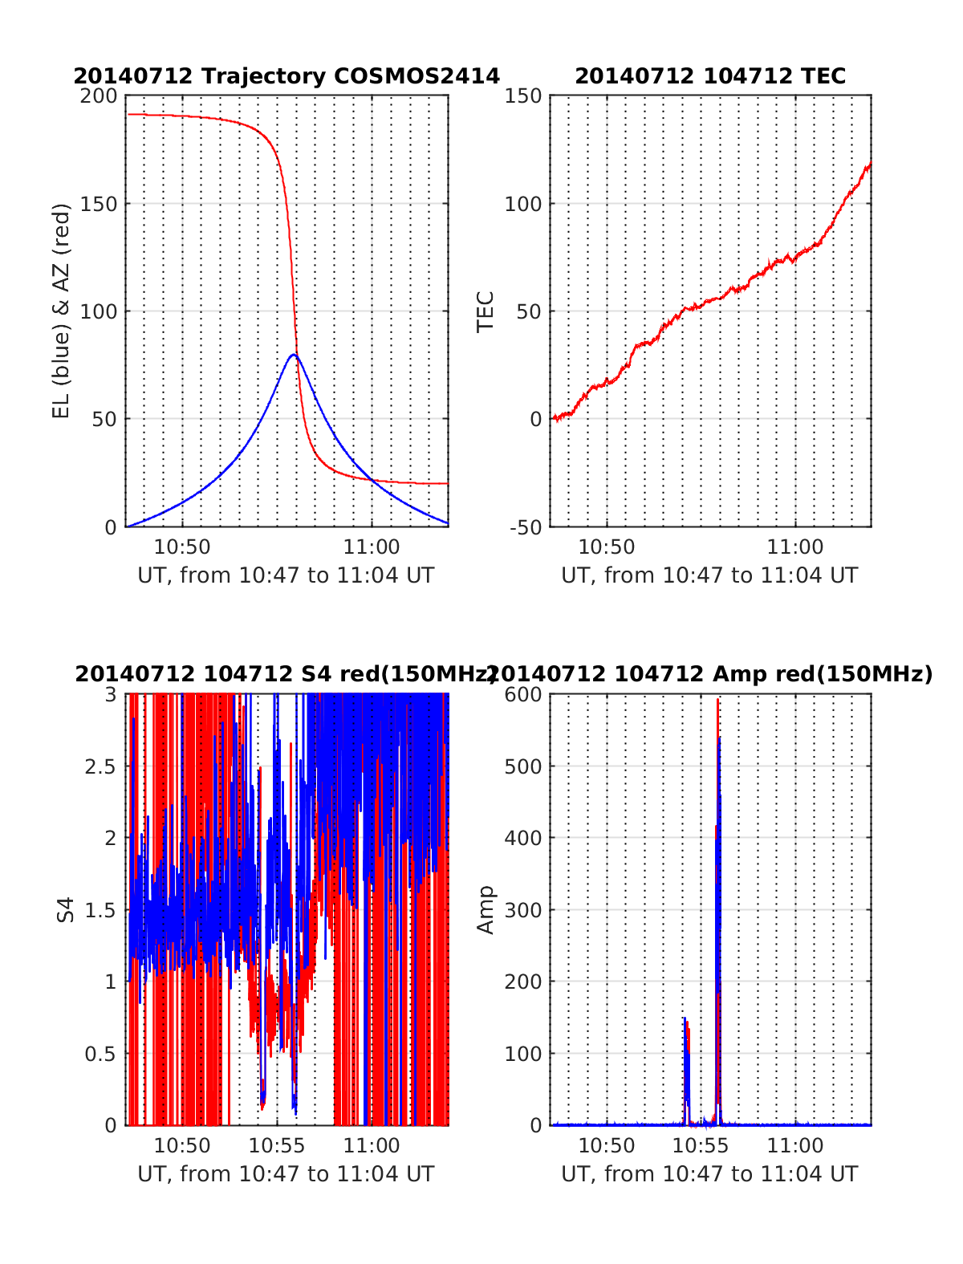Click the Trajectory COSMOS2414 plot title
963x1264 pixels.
[286, 76]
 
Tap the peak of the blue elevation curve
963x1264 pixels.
[294, 354]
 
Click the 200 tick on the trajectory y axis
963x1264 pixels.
[99, 96]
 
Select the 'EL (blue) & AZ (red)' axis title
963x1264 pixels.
[62, 311]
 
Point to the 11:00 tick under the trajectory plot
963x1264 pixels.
[372, 547]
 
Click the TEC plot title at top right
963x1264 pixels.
[710, 76]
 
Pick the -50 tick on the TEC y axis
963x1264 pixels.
[524, 527]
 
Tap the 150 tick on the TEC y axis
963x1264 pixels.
[523, 96]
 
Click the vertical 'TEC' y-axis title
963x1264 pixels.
[486, 311]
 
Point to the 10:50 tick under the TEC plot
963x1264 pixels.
[607, 547]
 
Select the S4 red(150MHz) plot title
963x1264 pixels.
[285, 674]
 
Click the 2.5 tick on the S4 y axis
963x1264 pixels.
[101, 766]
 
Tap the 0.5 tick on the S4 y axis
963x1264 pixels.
[101, 1054]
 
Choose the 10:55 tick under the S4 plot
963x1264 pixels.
[277, 1145]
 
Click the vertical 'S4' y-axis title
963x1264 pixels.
[66, 909]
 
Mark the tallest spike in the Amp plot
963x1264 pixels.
[717, 701]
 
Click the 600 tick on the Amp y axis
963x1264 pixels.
[523, 694]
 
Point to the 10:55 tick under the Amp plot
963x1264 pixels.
[701, 1145]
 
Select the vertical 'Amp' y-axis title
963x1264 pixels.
[486, 909]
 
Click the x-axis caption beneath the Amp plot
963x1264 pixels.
[709, 1174]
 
